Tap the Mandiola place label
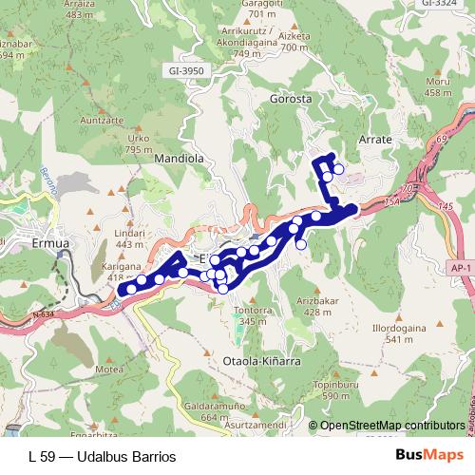180,159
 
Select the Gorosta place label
291,99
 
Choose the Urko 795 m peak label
140,142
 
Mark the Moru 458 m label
438,86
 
